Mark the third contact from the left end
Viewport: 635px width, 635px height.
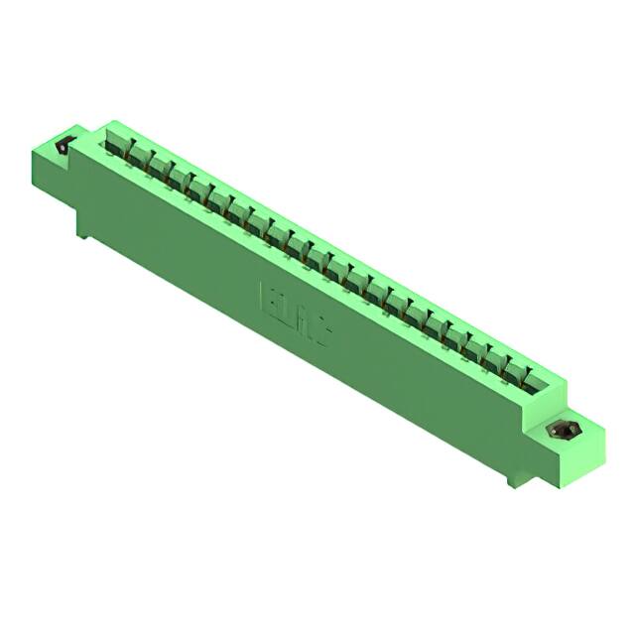[169, 170]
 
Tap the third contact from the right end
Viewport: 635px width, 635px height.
[480, 349]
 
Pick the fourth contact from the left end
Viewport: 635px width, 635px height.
[190, 182]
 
